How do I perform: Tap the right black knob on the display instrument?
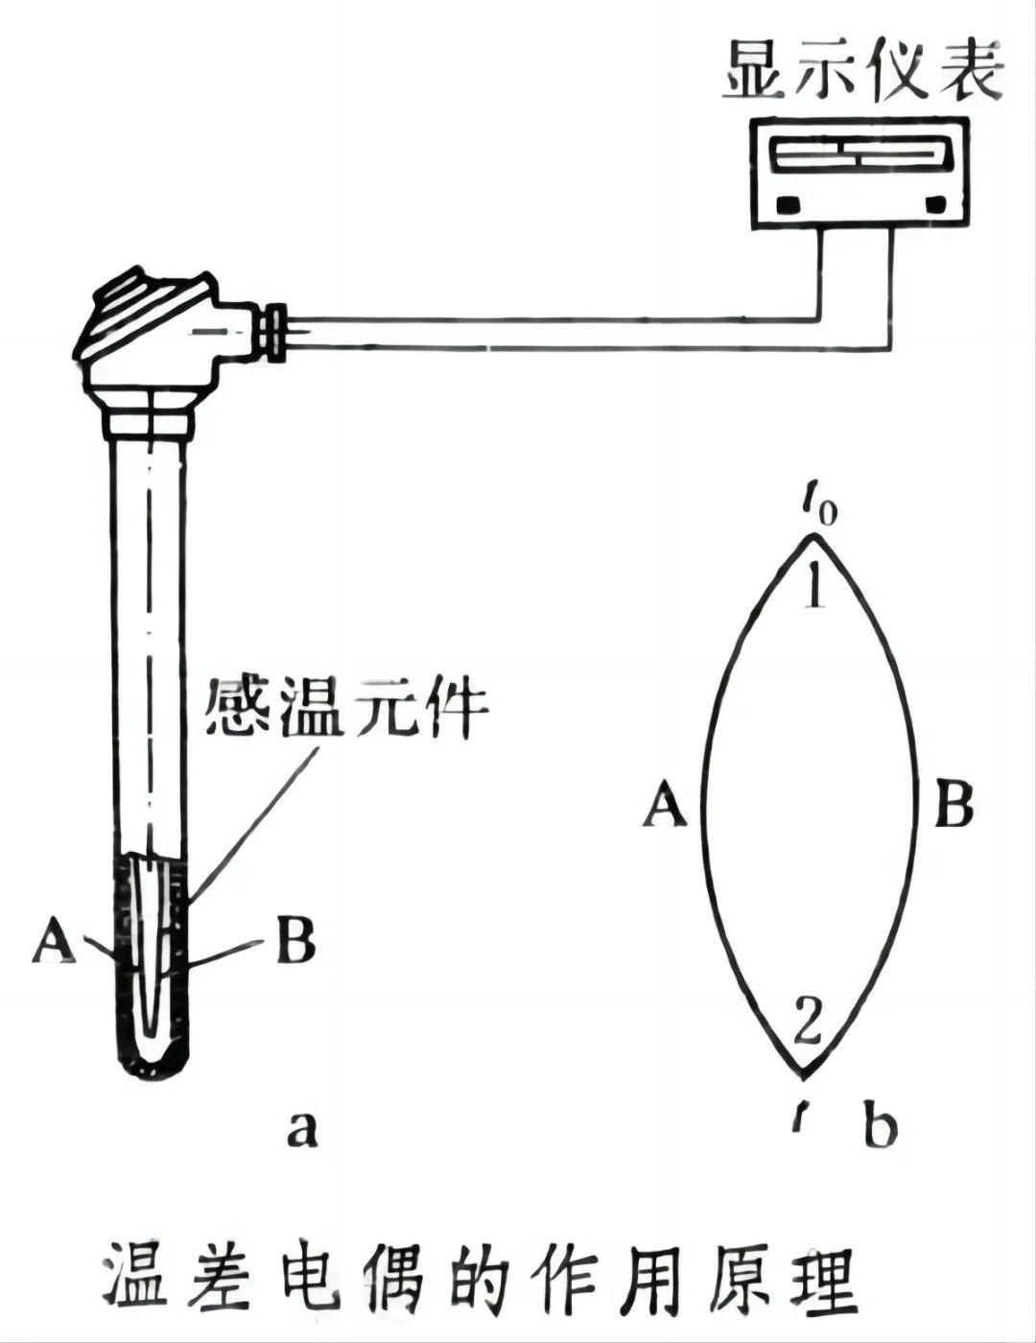tap(934, 204)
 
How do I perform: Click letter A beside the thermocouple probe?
tap(54, 940)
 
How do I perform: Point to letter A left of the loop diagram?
tap(666, 804)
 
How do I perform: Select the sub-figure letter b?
tap(880, 1126)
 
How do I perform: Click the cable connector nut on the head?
tap(277, 332)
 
